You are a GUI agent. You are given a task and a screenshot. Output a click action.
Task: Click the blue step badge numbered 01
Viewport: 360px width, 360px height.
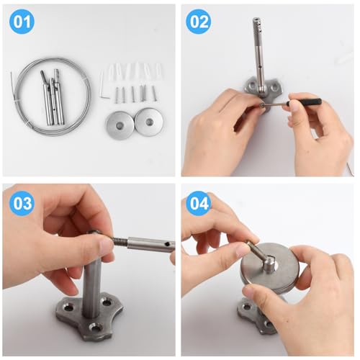click(22, 22)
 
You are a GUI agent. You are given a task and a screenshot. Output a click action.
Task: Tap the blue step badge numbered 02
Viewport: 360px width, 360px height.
click(199, 22)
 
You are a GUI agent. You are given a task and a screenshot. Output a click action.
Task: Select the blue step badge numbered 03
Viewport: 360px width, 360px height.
click(22, 203)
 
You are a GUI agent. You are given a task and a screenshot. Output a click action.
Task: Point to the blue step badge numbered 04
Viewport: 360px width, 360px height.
click(199, 203)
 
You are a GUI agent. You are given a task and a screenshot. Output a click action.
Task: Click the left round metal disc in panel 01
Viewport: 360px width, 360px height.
click(120, 125)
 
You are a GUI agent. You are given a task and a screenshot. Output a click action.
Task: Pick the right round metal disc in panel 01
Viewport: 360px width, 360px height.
click(149, 122)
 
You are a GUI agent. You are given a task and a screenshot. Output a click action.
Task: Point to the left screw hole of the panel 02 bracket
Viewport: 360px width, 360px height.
click(252, 85)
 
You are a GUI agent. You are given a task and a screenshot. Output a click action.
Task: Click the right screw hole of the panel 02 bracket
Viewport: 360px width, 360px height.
click(274, 87)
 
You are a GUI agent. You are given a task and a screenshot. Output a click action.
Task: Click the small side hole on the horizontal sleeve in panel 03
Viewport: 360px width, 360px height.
click(166, 244)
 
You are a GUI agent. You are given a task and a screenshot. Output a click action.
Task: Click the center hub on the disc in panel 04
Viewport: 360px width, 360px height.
click(269, 264)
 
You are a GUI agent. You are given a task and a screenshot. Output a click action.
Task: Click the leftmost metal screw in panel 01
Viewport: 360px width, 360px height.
click(117, 95)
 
